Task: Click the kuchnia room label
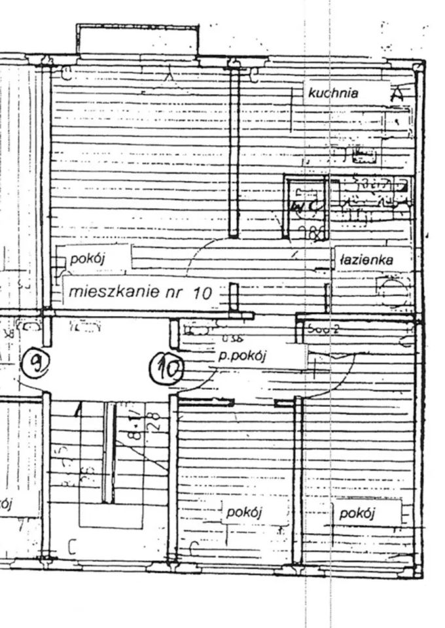tap(333, 93)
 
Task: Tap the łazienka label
tap(366, 260)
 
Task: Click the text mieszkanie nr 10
tap(141, 292)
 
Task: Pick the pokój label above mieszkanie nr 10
tap(88, 259)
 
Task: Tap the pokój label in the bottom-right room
tap(357, 513)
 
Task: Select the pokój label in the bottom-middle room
tap(243, 512)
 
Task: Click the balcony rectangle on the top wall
tap(137, 41)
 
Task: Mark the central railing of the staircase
tap(109, 451)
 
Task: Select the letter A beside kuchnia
tap(397, 94)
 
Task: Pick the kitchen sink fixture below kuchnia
tap(364, 156)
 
